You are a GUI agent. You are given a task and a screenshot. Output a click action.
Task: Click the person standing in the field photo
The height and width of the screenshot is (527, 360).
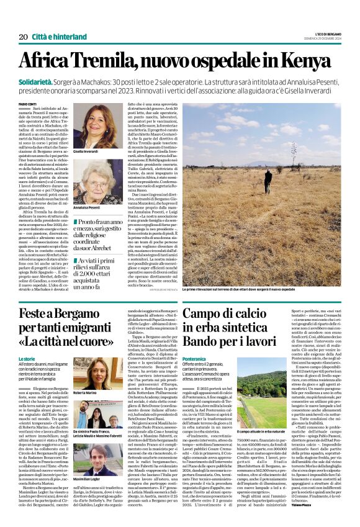point(268,181)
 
